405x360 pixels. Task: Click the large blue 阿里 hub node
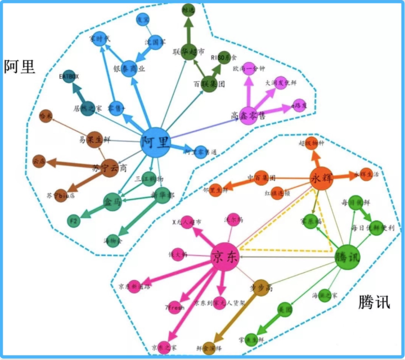point(155,141)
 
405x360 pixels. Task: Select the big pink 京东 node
point(225,256)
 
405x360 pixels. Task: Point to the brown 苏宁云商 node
point(109,167)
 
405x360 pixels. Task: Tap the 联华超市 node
point(188,51)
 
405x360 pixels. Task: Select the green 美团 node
point(285,309)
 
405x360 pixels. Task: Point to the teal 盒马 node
point(111,201)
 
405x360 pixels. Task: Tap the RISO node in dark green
point(223,57)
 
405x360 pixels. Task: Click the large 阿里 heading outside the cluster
point(20,67)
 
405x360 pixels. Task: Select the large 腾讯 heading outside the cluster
point(373,302)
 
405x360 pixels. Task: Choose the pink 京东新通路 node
point(134,286)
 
